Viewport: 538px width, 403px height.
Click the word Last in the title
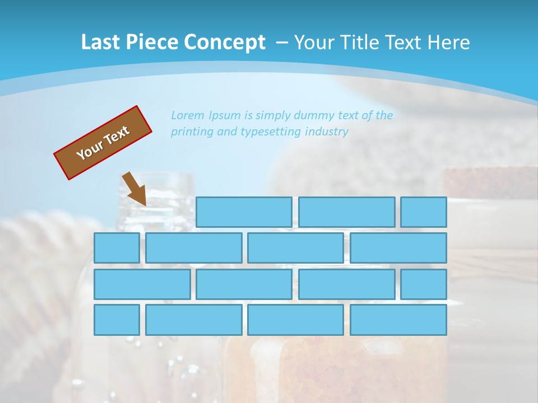[101, 42]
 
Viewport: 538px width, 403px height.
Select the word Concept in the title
[225, 42]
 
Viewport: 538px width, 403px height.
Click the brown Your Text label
[103, 143]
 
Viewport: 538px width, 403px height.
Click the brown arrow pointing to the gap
[135, 189]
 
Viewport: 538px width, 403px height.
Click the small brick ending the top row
[424, 212]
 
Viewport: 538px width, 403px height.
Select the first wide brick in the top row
[244, 212]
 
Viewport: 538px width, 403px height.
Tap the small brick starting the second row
[117, 248]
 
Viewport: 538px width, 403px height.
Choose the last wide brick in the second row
[398, 248]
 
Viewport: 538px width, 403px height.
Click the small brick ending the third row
[424, 284]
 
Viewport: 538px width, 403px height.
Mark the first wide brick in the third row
[142, 284]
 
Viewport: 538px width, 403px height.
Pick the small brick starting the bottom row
[117, 320]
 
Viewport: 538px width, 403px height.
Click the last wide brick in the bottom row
[398, 320]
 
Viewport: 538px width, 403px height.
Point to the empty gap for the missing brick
[145, 212]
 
